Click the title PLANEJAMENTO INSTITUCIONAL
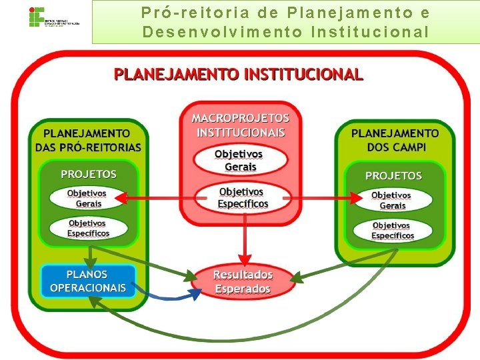pyautogui.click(x=239, y=74)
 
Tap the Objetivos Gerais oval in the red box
pyautogui.click(x=240, y=160)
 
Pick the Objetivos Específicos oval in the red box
pyautogui.click(x=243, y=197)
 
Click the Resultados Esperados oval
pyautogui.click(x=243, y=281)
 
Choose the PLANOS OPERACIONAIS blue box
pyautogui.click(x=88, y=281)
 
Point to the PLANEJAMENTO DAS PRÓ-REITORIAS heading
pyautogui.click(x=88, y=140)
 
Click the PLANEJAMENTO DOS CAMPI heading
pyautogui.click(x=395, y=140)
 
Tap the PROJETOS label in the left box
pyautogui.click(x=89, y=174)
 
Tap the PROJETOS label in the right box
pyautogui.click(x=393, y=175)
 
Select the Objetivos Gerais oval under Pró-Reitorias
pyautogui.click(x=87, y=199)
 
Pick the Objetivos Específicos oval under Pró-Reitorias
pyautogui.click(x=88, y=229)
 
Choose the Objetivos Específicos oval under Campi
pyautogui.click(x=393, y=231)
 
